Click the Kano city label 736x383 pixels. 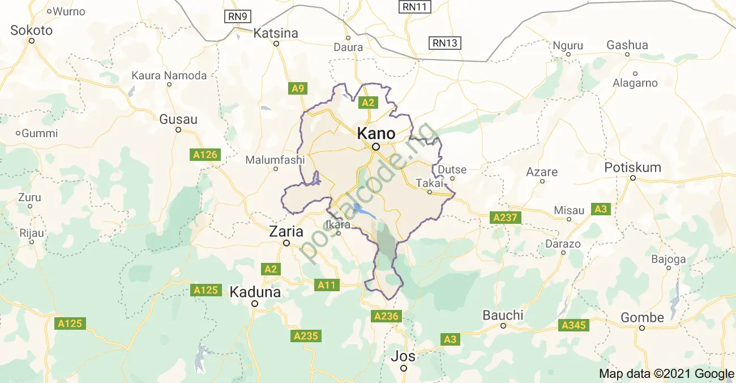[x=376, y=134]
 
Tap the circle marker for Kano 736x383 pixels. [x=376, y=147]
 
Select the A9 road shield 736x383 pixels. [x=298, y=88]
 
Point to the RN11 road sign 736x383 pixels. [x=416, y=7]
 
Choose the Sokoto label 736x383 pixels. [x=32, y=31]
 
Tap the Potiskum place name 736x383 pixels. [x=632, y=168]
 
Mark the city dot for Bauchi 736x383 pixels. [x=503, y=326]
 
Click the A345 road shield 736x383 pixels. [x=573, y=325]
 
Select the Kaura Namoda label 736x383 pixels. [x=169, y=75]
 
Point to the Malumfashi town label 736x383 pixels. [x=275, y=160]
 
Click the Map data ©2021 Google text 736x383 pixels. [x=666, y=373]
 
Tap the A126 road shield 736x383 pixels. [x=204, y=155]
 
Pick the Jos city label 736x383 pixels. [x=403, y=356]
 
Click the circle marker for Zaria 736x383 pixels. [x=286, y=243]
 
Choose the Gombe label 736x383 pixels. [x=642, y=317]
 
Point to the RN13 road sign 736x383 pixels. [x=444, y=43]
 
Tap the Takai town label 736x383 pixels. [x=428, y=183]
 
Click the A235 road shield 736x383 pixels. [x=306, y=336]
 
